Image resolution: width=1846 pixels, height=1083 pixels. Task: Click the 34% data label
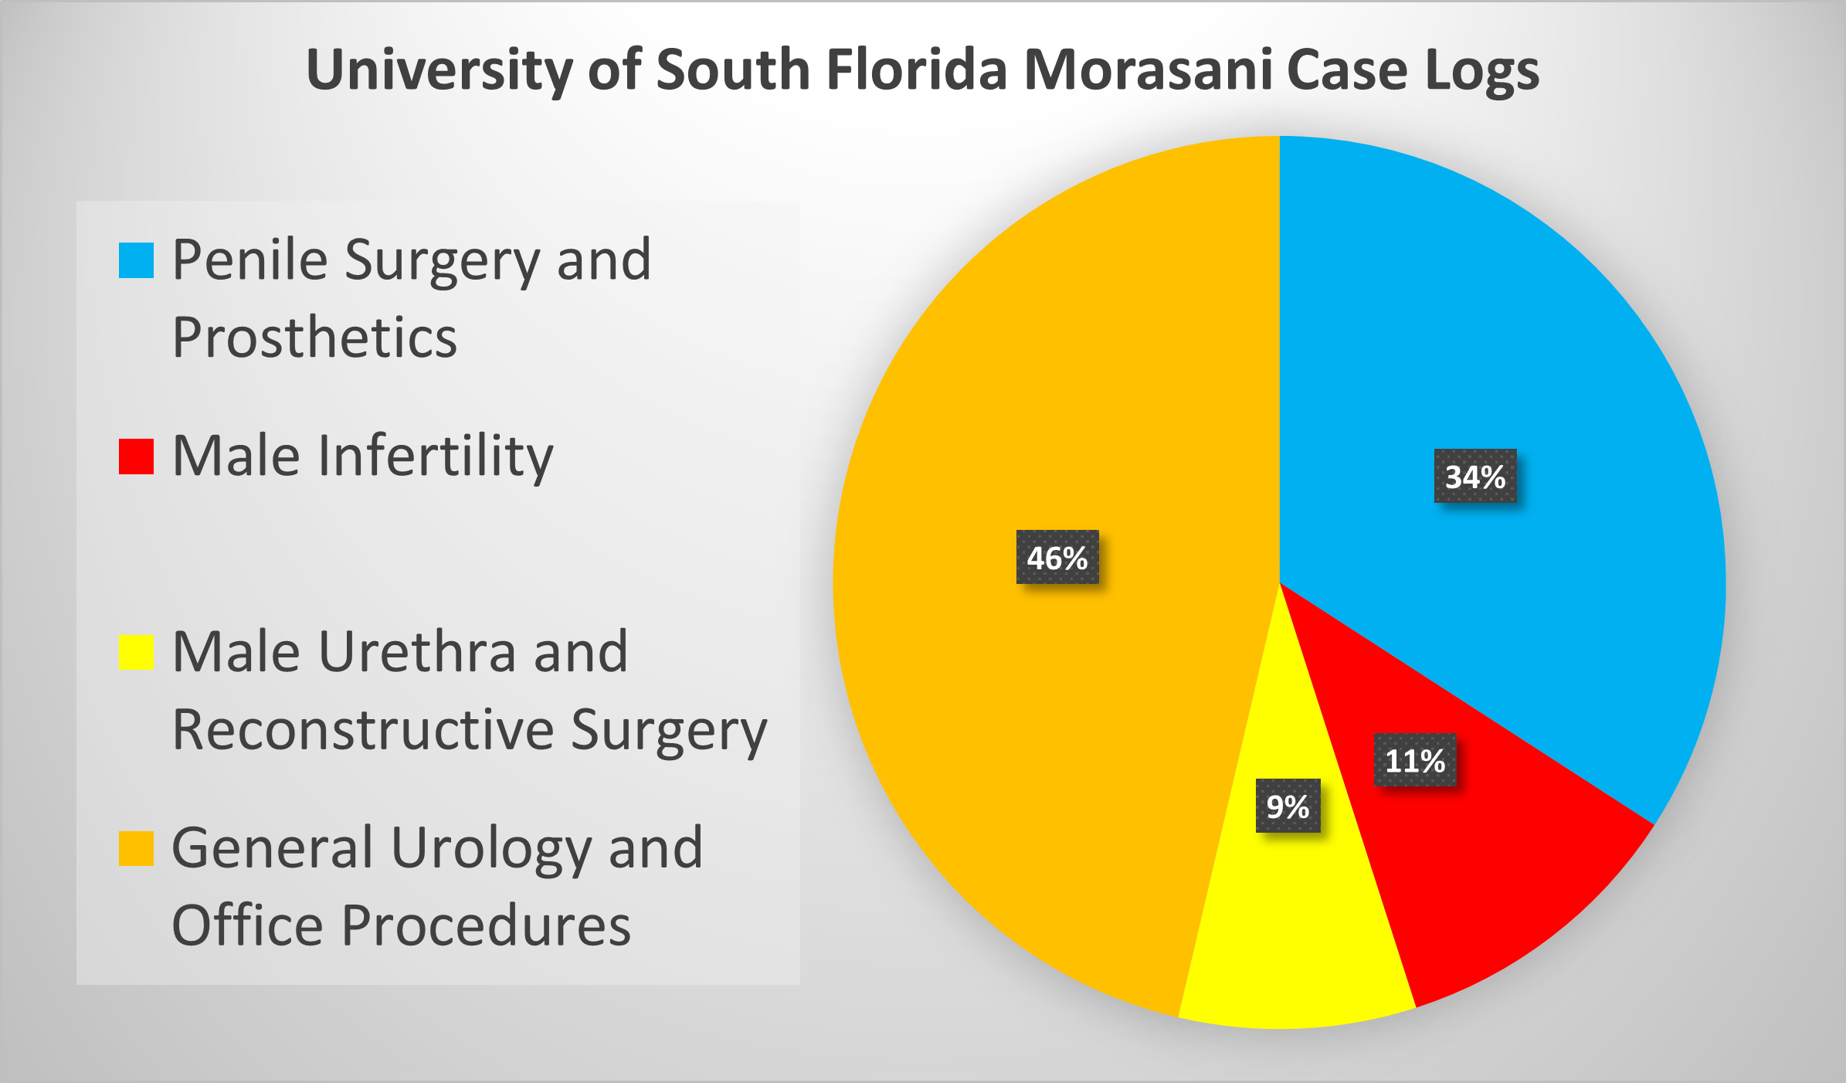(x=1475, y=477)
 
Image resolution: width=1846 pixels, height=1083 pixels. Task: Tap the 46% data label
(x=1057, y=558)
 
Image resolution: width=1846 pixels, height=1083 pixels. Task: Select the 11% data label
(x=1415, y=761)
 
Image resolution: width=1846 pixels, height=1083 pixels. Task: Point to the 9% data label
(x=1288, y=806)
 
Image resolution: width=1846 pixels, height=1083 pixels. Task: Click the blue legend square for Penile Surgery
(x=136, y=260)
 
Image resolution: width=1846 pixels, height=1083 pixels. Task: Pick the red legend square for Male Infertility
(x=136, y=457)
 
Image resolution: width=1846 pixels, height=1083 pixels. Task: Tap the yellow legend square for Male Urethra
(x=136, y=653)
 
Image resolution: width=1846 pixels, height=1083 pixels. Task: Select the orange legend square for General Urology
(x=136, y=849)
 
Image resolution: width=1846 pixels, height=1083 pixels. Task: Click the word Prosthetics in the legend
(x=314, y=338)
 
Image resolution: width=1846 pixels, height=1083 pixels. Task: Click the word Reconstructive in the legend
(x=363, y=730)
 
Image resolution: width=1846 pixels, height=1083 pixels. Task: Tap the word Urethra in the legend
(x=417, y=653)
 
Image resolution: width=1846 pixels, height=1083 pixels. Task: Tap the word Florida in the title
(x=917, y=70)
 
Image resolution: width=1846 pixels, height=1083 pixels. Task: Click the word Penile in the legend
(x=249, y=260)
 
